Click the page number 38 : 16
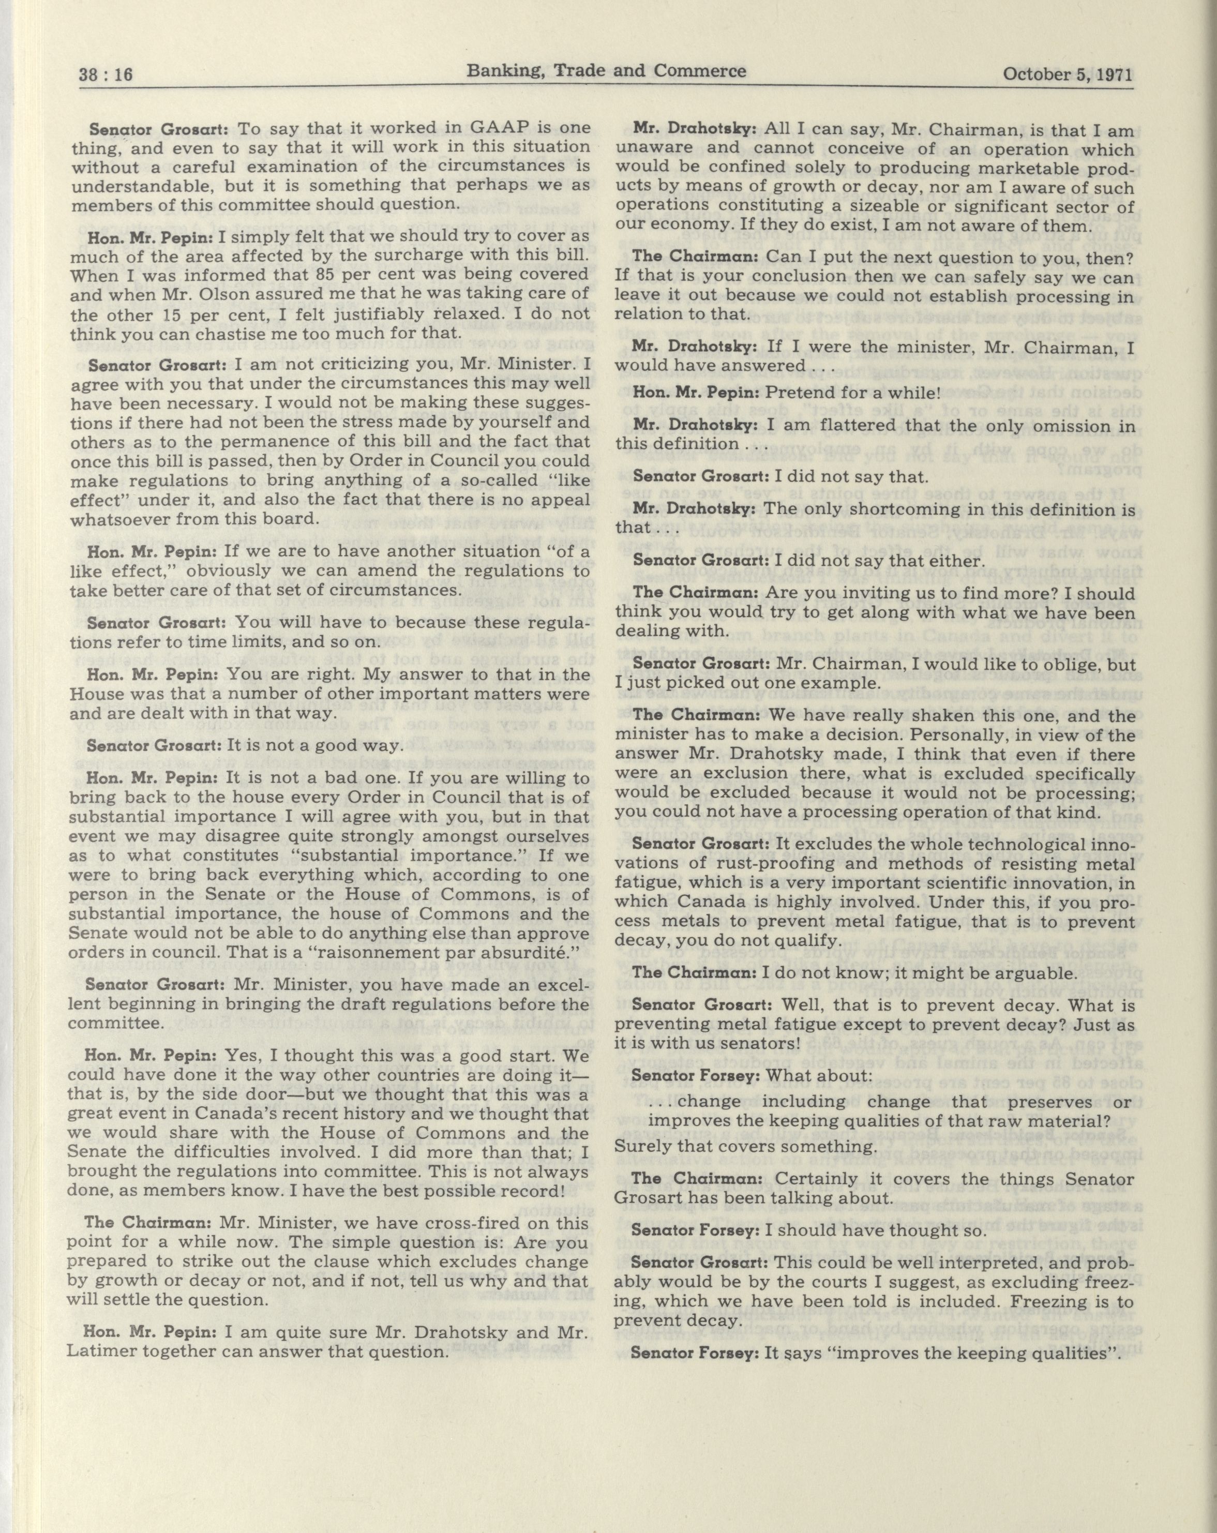106,74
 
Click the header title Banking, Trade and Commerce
606,70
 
